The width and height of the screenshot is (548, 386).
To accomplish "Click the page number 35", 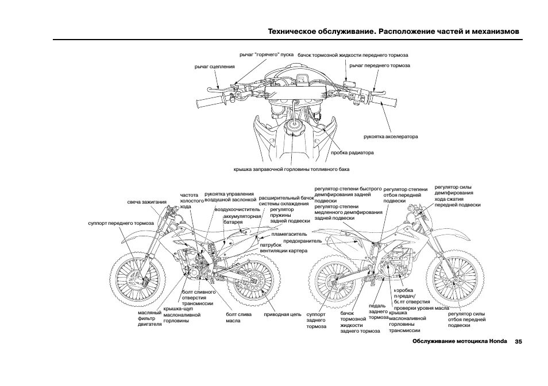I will pos(518,342).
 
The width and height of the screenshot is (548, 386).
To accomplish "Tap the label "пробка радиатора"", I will pos(352,153).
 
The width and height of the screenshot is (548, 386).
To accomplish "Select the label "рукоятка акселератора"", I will pos(391,137).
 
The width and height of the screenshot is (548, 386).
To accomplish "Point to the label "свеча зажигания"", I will pos(147,202).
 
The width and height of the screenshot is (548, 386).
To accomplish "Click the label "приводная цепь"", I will pos(283,315).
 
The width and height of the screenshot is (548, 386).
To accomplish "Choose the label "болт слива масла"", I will pos(237,318).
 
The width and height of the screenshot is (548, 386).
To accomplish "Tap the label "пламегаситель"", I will pos(289,234).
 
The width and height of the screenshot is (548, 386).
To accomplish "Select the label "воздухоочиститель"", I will pos(233,210).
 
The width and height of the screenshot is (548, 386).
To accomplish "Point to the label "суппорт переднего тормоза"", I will pos(121,223).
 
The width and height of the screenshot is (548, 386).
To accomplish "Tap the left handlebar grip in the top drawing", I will pos(208,104).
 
